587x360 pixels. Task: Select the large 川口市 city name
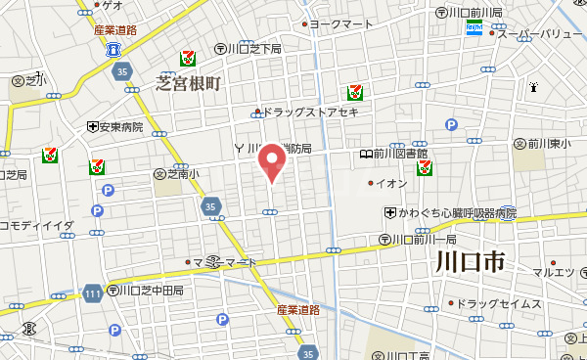[470, 262]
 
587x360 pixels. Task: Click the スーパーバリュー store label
[538, 34]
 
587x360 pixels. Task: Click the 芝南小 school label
[182, 174]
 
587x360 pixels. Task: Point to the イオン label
[391, 183]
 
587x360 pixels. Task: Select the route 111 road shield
[92, 294]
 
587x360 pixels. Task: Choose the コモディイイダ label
[37, 226]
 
